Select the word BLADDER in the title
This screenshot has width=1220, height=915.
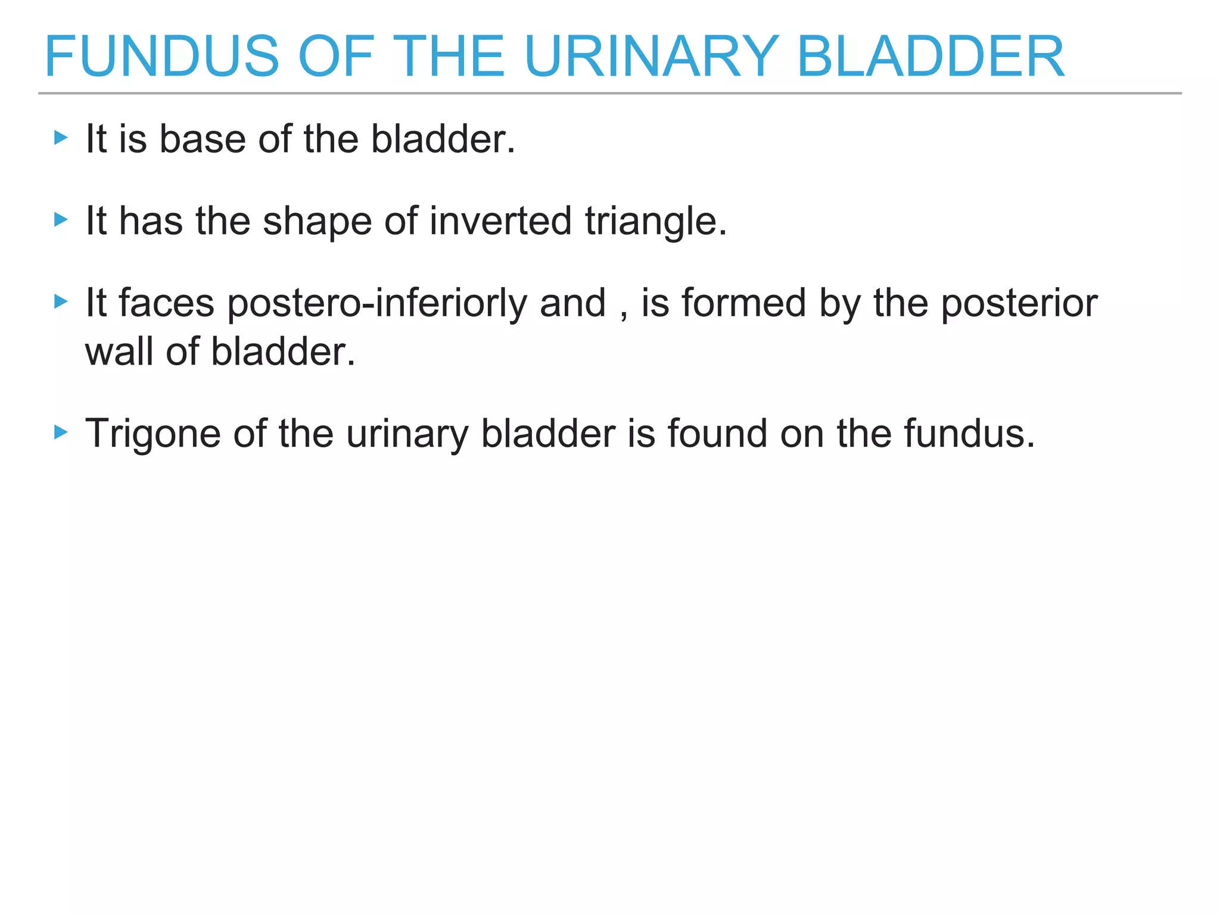(x=930, y=57)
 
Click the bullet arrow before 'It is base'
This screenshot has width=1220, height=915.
(x=61, y=138)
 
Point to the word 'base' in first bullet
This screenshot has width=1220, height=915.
(x=203, y=139)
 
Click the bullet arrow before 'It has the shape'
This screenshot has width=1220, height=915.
(x=61, y=220)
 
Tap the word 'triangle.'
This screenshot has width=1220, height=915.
(x=656, y=222)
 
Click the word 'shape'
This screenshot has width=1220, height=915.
(x=317, y=222)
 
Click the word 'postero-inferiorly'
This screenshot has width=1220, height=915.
(x=377, y=304)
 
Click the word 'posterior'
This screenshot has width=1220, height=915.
(x=1019, y=304)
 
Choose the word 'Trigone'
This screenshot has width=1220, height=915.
(x=152, y=434)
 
